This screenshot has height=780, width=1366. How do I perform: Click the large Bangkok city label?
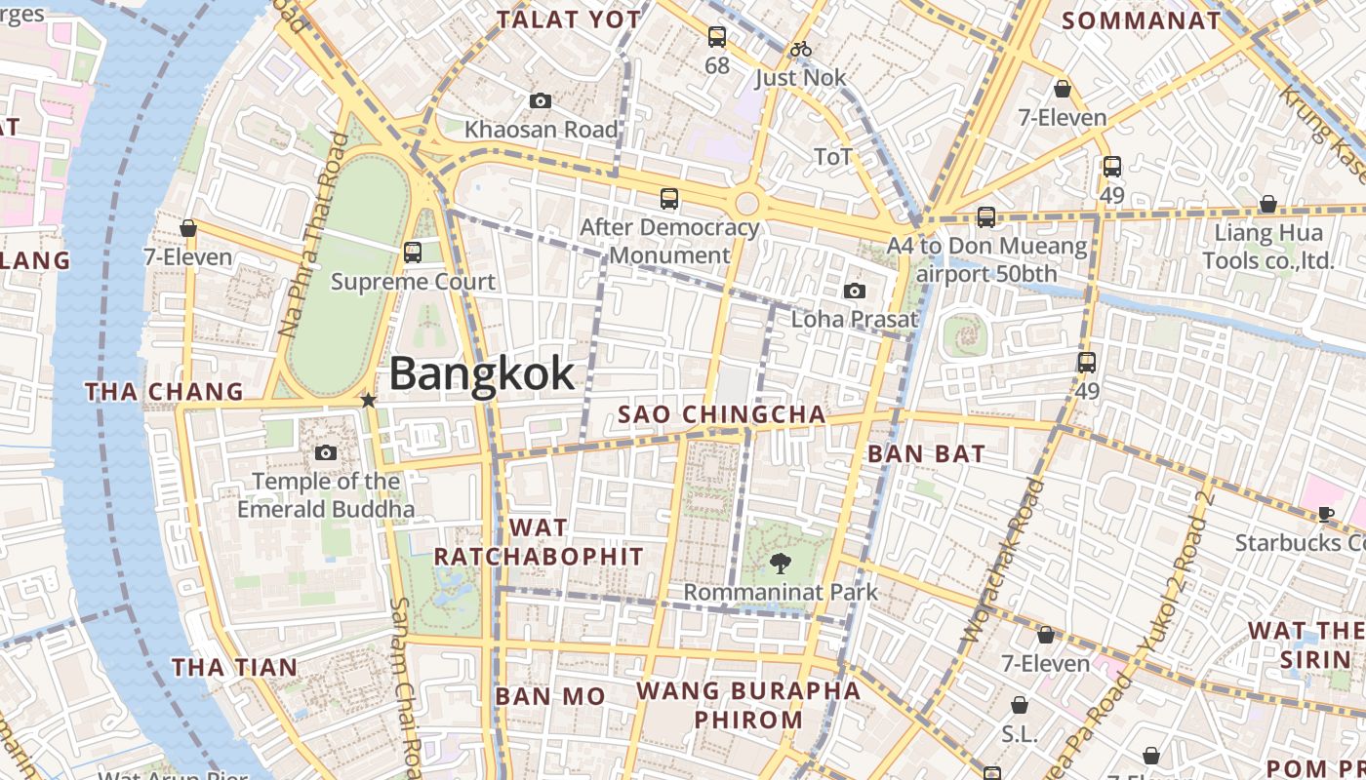482,374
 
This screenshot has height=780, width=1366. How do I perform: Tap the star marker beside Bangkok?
368,400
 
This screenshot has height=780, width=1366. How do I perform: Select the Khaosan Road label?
541,129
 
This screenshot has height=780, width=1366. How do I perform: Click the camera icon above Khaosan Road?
540,100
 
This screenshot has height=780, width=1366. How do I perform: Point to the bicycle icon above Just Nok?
801,49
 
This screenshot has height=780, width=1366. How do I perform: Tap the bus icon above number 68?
717,37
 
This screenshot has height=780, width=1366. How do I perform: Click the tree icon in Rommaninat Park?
780,563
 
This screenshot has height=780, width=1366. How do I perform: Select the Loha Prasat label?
854,319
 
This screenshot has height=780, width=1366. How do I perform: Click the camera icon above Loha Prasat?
855,291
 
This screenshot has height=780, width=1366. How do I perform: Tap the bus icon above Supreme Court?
413,253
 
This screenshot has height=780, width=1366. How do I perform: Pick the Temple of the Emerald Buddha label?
326,494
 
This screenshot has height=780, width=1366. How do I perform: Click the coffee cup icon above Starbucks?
1325,514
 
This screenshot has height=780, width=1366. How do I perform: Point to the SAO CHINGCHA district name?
722,414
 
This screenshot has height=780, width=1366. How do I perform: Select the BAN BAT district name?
926,453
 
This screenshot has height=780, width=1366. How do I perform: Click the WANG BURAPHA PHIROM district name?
748,705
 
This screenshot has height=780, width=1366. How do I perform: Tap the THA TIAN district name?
235,667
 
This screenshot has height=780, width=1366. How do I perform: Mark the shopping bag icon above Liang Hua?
1267,204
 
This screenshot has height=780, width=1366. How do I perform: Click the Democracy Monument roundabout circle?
746,204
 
